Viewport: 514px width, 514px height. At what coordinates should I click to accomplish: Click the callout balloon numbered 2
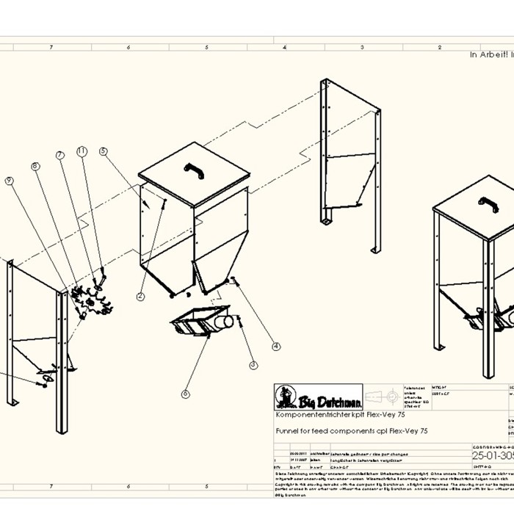[x=140, y=296]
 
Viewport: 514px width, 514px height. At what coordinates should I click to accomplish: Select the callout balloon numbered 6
[x=185, y=394]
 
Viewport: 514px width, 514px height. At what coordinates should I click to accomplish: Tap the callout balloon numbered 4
[x=276, y=346]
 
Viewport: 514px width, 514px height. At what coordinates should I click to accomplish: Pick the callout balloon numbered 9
[x=10, y=180]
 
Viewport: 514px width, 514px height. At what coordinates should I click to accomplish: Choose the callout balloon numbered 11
[x=82, y=151]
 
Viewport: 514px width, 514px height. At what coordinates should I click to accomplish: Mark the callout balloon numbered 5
[x=104, y=152]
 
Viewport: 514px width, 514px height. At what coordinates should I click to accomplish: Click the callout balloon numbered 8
[x=35, y=167]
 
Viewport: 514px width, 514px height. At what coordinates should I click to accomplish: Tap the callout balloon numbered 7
[x=59, y=156]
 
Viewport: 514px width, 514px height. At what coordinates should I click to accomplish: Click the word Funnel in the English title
[x=287, y=431]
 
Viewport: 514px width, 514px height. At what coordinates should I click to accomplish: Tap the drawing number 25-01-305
[x=492, y=455]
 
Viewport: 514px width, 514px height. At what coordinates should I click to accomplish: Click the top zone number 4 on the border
[x=284, y=47]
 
